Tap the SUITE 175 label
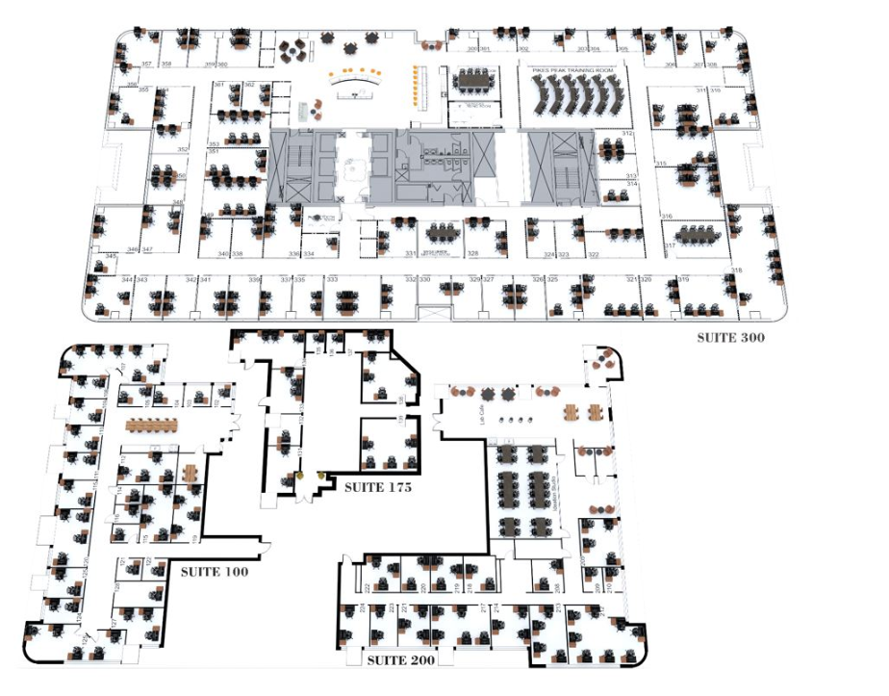(x=378, y=488)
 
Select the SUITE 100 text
(x=215, y=571)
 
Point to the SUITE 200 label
(x=401, y=660)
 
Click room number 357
(x=146, y=64)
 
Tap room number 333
(x=332, y=279)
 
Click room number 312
(x=627, y=133)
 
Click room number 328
(x=473, y=254)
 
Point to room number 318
(x=737, y=271)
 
